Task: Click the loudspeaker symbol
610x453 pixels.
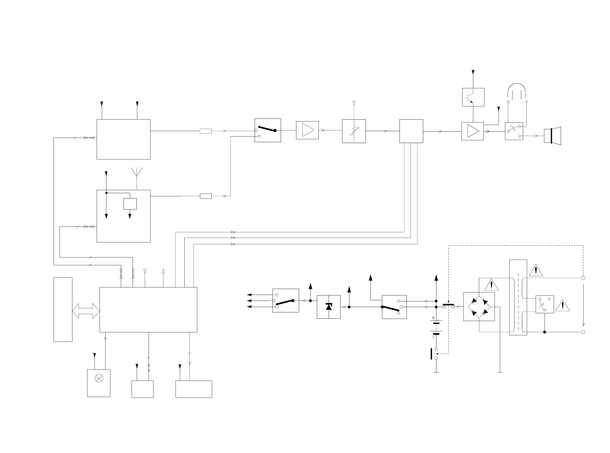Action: click(552, 136)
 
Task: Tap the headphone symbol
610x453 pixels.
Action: click(517, 92)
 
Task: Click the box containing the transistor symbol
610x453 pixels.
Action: click(473, 97)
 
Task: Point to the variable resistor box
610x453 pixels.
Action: click(354, 131)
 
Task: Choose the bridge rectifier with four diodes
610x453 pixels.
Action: click(479, 306)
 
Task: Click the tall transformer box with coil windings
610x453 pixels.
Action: click(518, 297)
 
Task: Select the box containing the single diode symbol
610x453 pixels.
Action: click(329, 307)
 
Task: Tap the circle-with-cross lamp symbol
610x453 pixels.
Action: click(99, 378)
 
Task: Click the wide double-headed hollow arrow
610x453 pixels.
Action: click(86, 311)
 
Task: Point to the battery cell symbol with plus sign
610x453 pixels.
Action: click(436, 326)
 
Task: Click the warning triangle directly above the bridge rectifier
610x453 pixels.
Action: click(491, 285)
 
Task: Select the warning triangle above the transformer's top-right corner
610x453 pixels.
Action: click(535, 271)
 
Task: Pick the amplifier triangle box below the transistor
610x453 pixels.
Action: click(472, 131)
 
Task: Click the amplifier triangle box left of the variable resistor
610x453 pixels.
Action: click(307, 130)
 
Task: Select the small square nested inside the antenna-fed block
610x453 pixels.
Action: click(130, 204)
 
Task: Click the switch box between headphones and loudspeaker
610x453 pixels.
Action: click(514, 131)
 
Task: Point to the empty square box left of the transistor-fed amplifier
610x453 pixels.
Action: click(411, 131)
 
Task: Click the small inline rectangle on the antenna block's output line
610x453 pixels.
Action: click(205, 196)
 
